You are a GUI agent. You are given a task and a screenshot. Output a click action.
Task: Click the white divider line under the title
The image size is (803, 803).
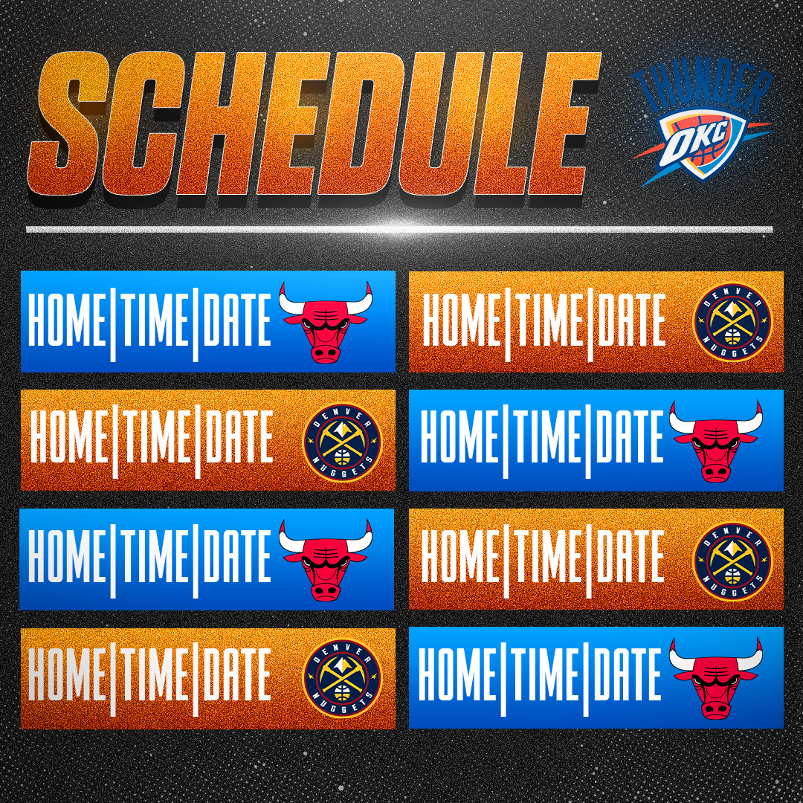[x=399, y=229]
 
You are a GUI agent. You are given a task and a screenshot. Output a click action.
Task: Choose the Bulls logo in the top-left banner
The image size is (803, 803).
[x=325, y=322]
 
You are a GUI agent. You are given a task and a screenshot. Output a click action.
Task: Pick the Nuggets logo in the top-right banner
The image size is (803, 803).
[x=732, y=322]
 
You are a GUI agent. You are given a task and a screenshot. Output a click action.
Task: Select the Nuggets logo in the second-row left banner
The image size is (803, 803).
[x=343, y=442]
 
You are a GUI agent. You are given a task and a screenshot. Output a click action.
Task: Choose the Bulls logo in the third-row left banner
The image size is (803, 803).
[x=325, y=559]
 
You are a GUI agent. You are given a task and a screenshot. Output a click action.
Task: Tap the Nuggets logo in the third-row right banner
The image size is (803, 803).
[x=732, y=561]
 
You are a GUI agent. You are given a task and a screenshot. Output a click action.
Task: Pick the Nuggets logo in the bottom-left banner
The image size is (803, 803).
[x=343, y=678]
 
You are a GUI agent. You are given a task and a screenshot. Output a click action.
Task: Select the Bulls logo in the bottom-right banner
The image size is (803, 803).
[x=716, y=679]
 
